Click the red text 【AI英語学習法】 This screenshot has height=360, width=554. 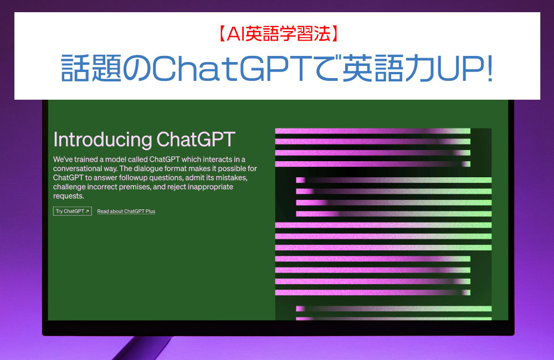278,34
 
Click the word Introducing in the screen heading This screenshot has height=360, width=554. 102,140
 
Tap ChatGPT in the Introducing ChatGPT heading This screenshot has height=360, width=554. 196,139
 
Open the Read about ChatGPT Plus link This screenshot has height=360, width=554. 126,211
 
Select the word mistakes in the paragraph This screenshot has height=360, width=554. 231,178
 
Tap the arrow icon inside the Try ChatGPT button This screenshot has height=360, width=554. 88,211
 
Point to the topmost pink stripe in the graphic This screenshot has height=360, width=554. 373,131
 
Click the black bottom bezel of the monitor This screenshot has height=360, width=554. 278,328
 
